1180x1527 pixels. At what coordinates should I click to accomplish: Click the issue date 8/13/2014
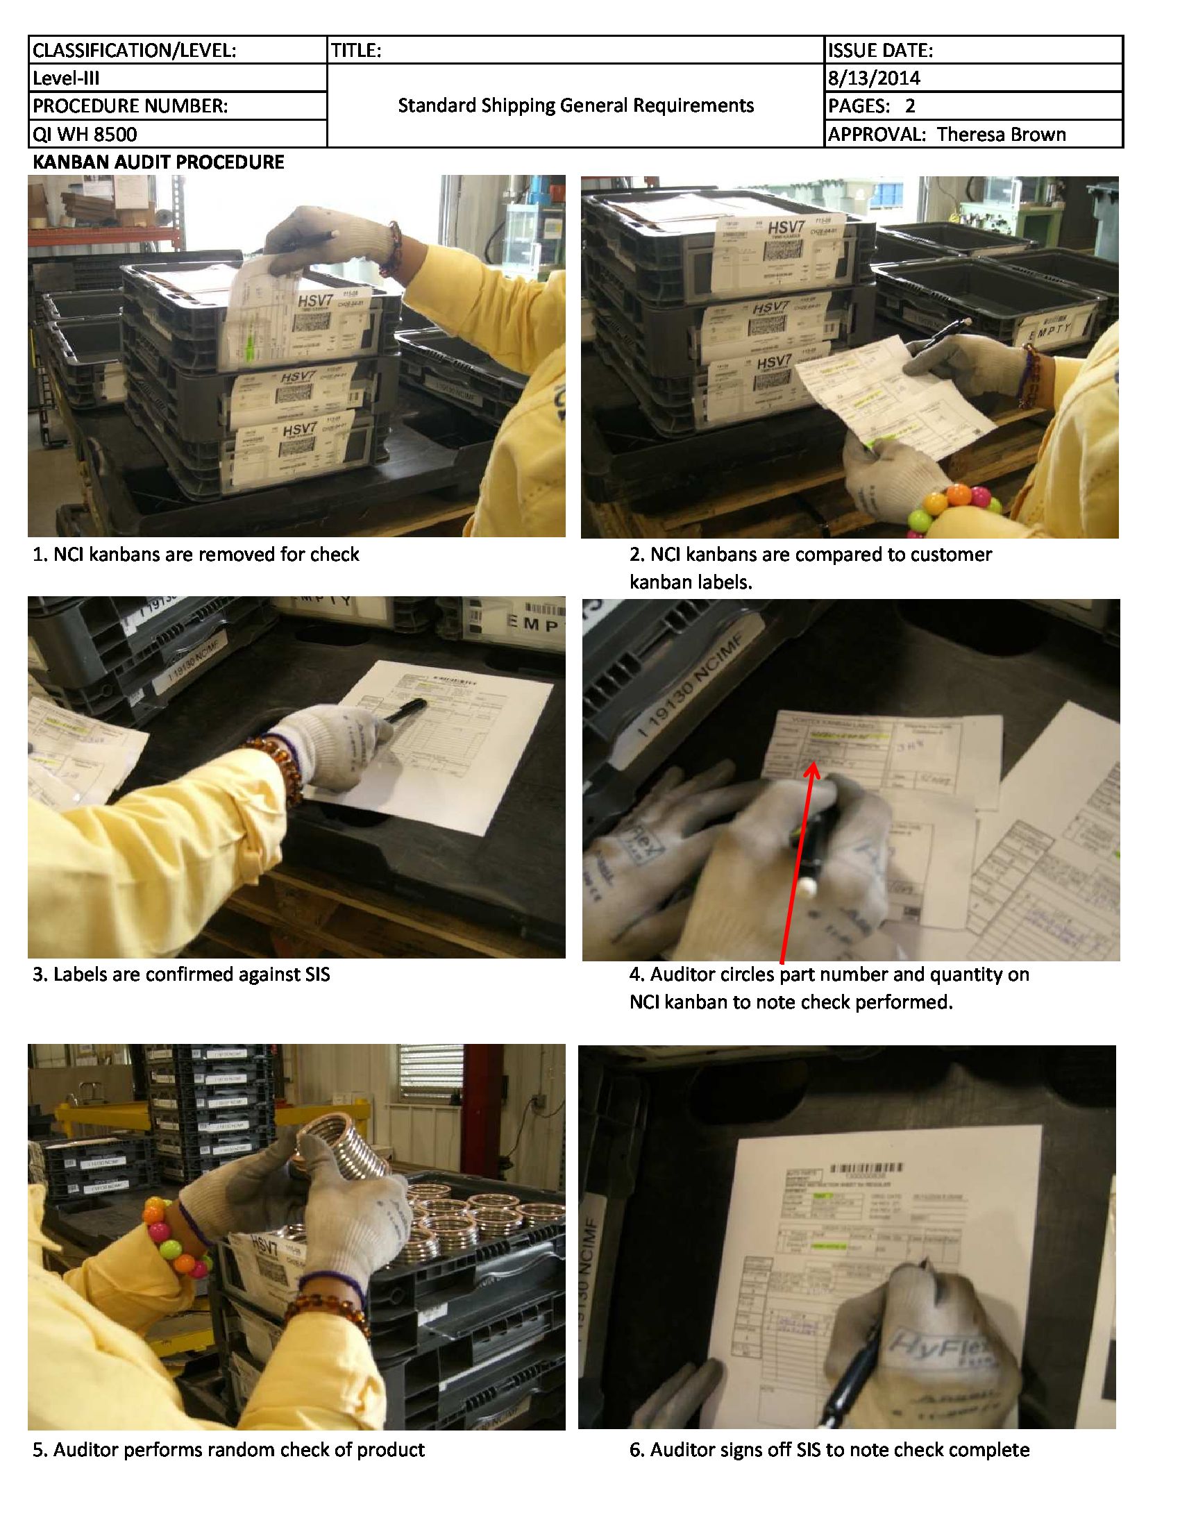(874, 78)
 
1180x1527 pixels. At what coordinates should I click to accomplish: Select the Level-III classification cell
(67, 78)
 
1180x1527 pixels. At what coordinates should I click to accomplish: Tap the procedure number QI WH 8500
(85, 133)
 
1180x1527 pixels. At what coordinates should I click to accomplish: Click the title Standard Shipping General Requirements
(575, 106)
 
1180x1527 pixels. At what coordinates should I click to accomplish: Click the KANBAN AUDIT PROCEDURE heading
(159, 162)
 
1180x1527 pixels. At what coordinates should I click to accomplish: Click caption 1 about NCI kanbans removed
(196, 555)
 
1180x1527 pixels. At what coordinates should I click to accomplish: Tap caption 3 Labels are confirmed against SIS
(181, 974)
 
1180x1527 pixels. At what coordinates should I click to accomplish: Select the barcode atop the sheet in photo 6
(866, 1169)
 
